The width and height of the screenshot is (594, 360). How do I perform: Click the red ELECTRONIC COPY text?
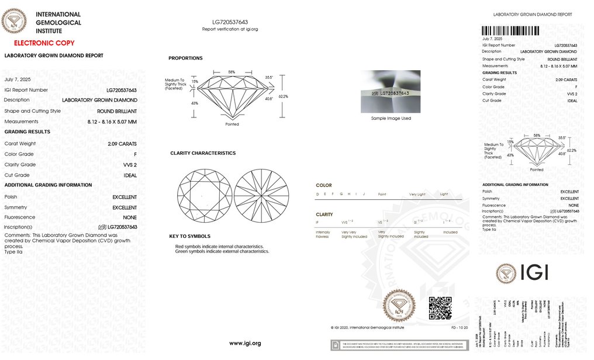(x=44, y=43)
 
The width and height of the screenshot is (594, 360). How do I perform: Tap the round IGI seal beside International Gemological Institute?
(x=14, y=22)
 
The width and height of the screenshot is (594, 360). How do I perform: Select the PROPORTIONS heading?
(x=185, y=58)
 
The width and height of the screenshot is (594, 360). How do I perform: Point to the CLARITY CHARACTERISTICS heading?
(x=203, y=153)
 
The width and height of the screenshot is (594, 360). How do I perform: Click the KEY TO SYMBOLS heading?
(x=189, y=237)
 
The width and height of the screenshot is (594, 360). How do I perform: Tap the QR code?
(x=440, y=308)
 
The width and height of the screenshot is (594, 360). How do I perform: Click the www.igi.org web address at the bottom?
(x=245, y=343)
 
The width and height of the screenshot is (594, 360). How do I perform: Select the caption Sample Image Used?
(x=391, y=118)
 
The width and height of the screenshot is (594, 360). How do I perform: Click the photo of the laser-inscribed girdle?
(x=390, y=92)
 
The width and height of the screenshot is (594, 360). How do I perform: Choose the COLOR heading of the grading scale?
(x=323, y=185)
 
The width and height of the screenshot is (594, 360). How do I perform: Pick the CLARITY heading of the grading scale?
(x=324, y=214)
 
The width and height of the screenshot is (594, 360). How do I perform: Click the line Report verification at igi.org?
(x=230, y=29)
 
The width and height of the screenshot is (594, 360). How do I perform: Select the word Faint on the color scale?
(x=382, y=193)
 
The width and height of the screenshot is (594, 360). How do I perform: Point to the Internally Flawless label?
(x=323, y=234)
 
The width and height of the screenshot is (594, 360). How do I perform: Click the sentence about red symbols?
(x=219, y=247)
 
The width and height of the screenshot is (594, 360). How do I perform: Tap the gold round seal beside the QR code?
(x=399, y=306)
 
